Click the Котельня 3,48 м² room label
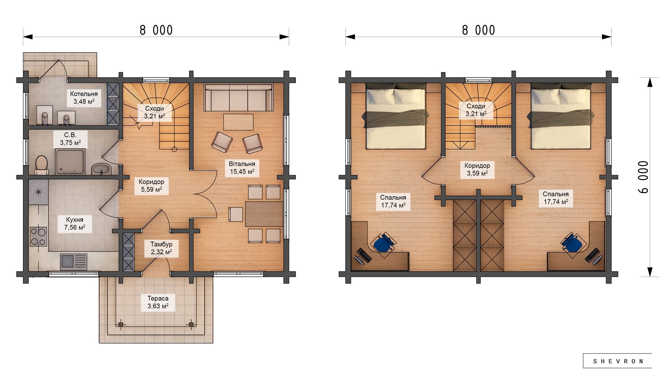tap(84, 98)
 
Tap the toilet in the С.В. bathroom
tap(41, 165)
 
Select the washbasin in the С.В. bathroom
tap(101, 169)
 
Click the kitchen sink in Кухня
tap(74, 262)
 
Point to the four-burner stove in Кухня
tap(38, 236)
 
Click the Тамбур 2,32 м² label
tap(161, 248)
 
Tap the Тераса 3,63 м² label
tap(158, 302)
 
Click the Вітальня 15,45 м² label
tap(242, 168)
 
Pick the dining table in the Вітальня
tap(264, 214)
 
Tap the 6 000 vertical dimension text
tap(643, 177)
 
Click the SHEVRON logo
tap(618, 361)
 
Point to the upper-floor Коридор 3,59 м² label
tap(477, 169)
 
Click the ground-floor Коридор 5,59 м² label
tap(151, 185)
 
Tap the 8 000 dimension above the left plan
tap(156, 31)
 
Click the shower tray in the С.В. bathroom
tap(70, 161)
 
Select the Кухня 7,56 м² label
tap(75, 224)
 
